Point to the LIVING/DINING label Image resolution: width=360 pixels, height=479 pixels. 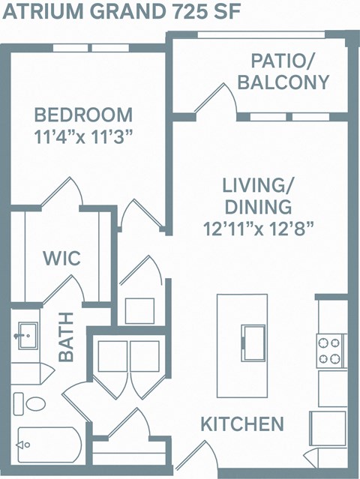click(x=256, y=195)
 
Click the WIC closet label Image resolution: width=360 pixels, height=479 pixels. click(x=61, y=258)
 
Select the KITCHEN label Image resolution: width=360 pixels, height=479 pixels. click(x=241, y=424)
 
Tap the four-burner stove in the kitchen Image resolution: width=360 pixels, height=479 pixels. click(x=330, y=349)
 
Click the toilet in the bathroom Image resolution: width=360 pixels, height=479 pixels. click(x=34, y=404)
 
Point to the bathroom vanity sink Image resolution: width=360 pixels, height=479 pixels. click(x=27, y=334)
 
